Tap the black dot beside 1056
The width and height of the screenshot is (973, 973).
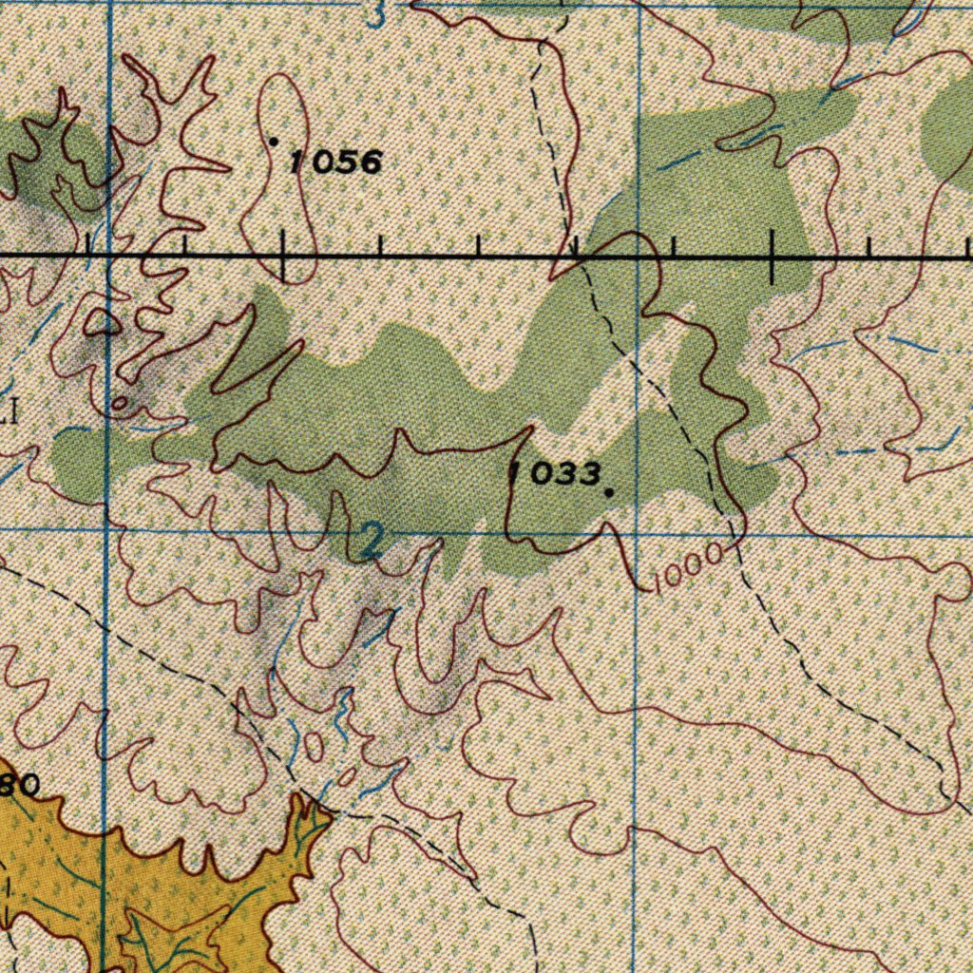274,142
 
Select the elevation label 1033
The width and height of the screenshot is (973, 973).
556,473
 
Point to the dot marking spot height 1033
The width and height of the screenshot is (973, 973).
608,492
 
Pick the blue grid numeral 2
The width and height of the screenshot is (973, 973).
372,542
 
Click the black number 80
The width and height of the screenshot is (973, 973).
19,785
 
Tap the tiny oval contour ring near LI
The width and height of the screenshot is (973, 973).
120,404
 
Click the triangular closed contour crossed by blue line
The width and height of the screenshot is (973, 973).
103,324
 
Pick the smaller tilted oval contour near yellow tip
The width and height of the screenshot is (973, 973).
348,777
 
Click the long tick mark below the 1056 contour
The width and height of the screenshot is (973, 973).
282,257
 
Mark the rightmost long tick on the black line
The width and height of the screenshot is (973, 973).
772,257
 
